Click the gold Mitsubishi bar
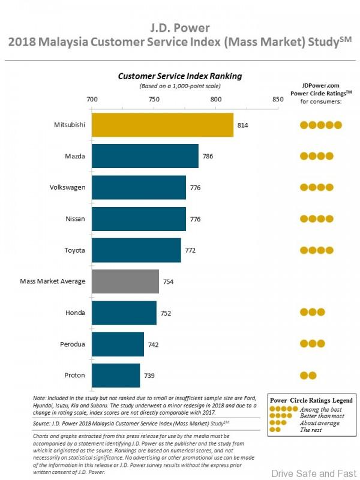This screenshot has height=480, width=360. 163,125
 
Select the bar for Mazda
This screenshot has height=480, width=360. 145,156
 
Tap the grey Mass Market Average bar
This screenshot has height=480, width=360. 125,281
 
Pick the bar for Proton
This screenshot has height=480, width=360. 116,375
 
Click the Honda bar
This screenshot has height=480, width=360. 124,313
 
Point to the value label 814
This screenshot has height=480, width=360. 242,125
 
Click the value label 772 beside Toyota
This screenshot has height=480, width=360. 190,250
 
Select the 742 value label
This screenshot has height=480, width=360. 153,344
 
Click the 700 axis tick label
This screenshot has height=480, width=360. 92,100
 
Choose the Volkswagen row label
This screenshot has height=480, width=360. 67,187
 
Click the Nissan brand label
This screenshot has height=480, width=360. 74,219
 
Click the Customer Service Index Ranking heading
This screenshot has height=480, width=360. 180,76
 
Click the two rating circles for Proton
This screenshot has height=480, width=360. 308,376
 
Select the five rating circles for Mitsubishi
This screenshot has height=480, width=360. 321,125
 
